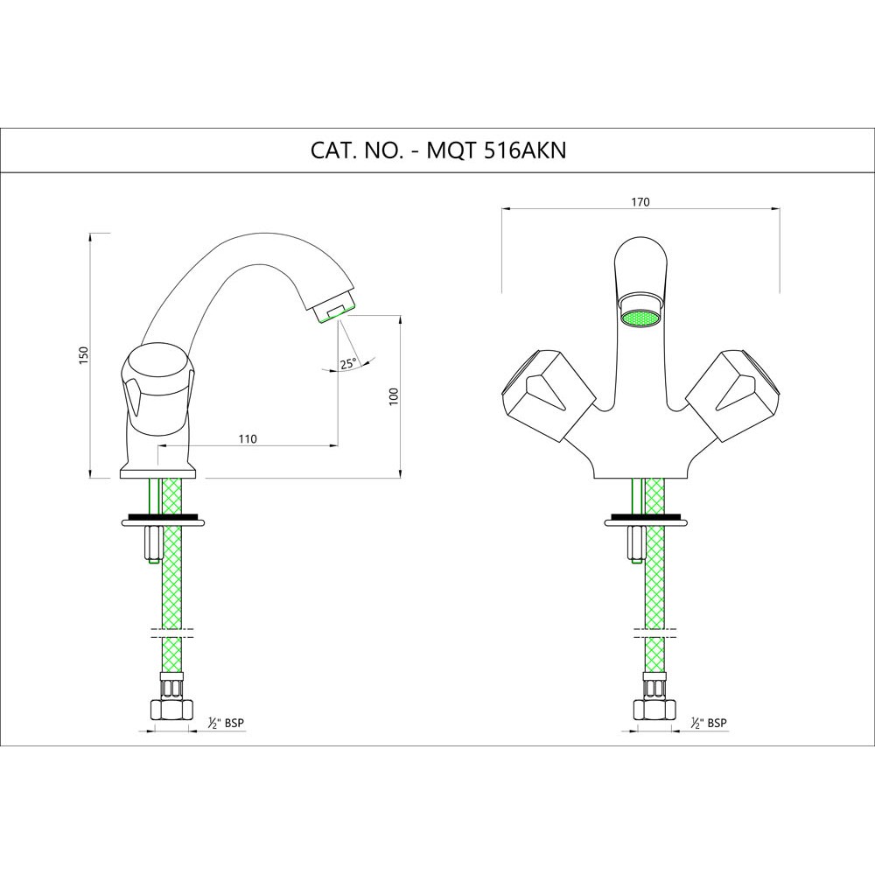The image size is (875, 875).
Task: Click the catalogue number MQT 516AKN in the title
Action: tap(496, 150)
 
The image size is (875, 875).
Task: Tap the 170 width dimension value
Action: tap(640, 202)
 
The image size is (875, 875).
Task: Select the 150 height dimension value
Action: tap(84, 355)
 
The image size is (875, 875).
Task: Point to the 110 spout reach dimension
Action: tap(248, 438)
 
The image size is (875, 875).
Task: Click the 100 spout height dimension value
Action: tap(394, 396)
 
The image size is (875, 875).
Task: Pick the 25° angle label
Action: tap(347, 364)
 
